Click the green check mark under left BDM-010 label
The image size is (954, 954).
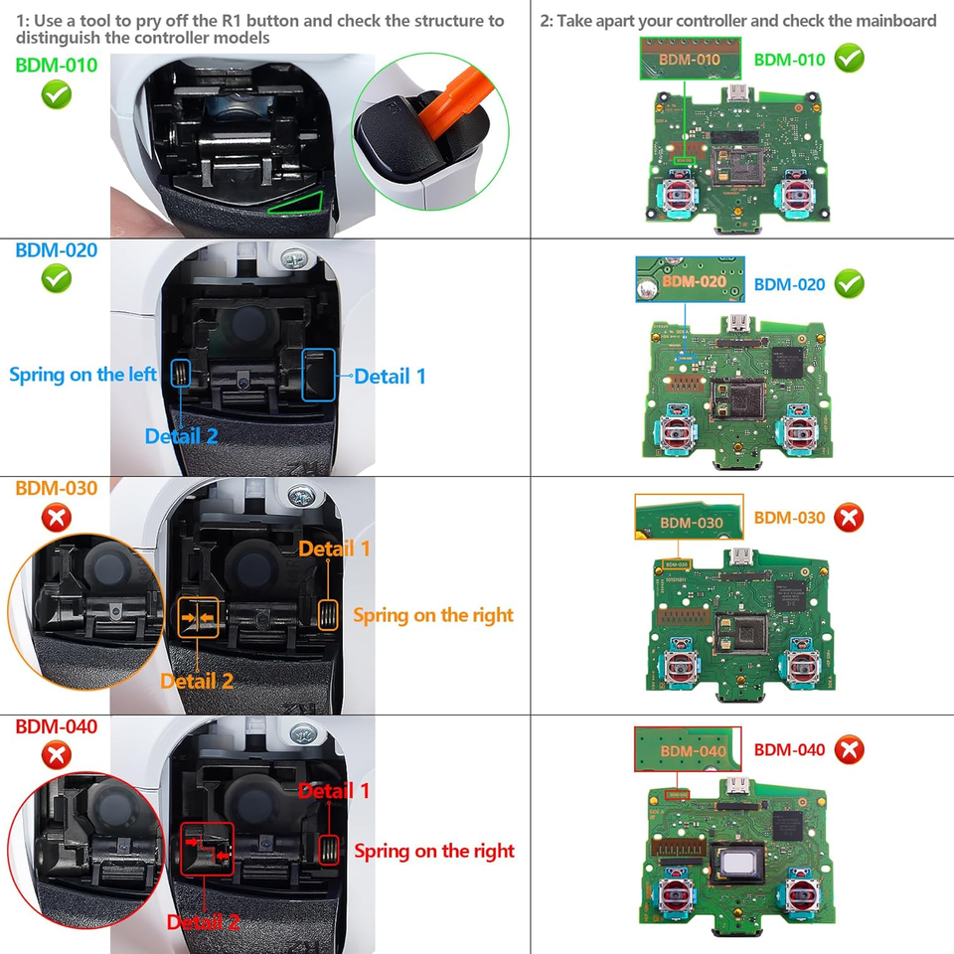click(56, 95)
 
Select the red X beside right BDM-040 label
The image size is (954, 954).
click(849, 749)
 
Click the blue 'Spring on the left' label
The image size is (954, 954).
click(82, 375)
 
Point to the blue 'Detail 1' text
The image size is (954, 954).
click(390, 376)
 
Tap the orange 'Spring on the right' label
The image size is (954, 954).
click(433, 615)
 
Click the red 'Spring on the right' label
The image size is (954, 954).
click(434, 851)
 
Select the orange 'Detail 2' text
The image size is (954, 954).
click(197, 681)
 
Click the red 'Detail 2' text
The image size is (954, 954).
click(203, 922)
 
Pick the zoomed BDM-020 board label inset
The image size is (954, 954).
click(690, 279)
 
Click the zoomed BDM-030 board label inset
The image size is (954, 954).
click(689, 518)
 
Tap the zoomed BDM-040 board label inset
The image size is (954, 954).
click(689, 749)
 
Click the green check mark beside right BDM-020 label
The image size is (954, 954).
click(849, 284)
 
